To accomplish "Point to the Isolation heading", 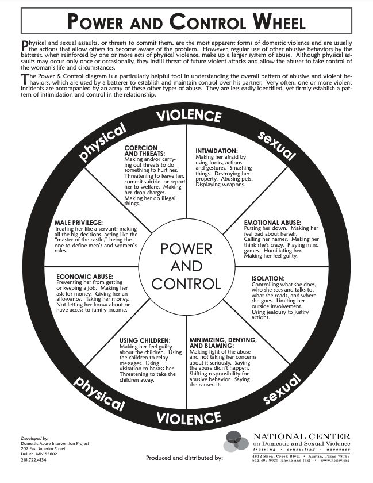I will [267, 279].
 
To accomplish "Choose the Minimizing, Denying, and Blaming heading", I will [223, 343].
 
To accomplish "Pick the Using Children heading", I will [144, 340].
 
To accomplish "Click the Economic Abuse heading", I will [84, 277].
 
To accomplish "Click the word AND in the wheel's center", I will [186, 266].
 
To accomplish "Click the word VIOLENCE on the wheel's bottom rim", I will [186, 417].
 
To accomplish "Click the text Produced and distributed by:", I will [184, 458].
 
